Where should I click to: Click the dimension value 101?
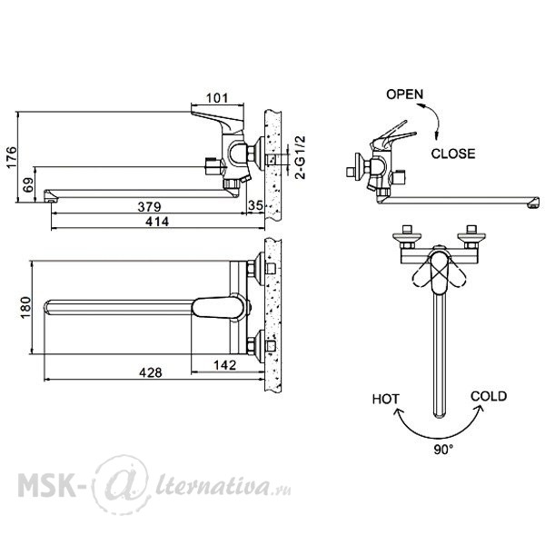click(217, 98)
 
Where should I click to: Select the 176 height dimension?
click(11, 157)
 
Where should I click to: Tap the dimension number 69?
click(28, 184)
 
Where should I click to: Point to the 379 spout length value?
click(150, 207)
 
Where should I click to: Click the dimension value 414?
click(157, 222)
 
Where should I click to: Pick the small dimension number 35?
click(255, 205)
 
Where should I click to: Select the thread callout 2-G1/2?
click(300, 157)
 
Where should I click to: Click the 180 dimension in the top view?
click(25, 307)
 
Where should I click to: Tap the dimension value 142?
click(225, 365)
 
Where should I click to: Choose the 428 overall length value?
click(151, 372)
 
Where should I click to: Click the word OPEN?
click(405, 94)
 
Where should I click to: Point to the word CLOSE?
click(453, 154)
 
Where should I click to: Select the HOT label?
click(386, 399)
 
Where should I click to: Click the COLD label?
click(489, 396)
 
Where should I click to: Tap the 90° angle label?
click(443, 450)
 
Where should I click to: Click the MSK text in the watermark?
click(47, 484)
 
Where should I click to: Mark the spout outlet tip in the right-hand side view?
click(533, 203)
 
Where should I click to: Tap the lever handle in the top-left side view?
click(218, 122)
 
